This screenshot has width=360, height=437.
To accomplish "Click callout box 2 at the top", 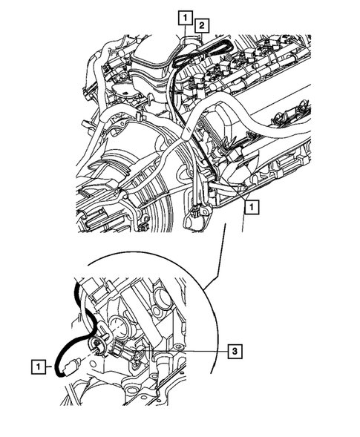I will click(x=200, y=27).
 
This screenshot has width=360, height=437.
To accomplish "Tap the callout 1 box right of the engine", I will click(x=253, y=208).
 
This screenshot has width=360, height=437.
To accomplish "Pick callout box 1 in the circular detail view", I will click(x=36, y=365).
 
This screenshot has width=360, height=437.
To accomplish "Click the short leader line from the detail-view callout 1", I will click(x=49, y=365).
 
